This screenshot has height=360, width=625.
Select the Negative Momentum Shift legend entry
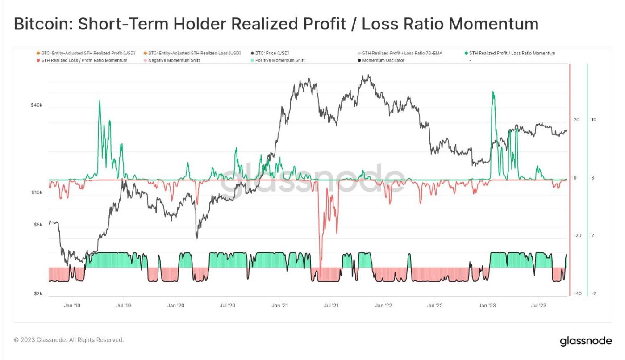tap(174, 60)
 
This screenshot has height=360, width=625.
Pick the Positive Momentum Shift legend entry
tap(279, 60)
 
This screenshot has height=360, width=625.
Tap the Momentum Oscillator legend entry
tap(383, 60)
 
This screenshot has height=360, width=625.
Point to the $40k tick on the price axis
tap(36, 105)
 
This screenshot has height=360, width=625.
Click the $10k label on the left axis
tap(36, 193)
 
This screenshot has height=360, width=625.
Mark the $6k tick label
tap(37, 225)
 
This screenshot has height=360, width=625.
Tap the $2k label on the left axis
tap(37, 293)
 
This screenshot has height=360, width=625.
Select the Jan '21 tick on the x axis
tap(279, 306)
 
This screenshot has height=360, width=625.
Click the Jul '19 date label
tap(123, 306)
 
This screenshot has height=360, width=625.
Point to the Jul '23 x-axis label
tap(538, 306)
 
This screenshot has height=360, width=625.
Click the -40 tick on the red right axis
tap(577, 293)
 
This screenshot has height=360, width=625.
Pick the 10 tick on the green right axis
tap(594, 120)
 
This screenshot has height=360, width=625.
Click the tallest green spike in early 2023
tap(493, 92)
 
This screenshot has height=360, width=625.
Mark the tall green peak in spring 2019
tap(100, 101)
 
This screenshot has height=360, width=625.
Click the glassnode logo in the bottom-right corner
tap(586, 341)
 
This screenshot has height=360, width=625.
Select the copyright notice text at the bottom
tap(69, 340)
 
